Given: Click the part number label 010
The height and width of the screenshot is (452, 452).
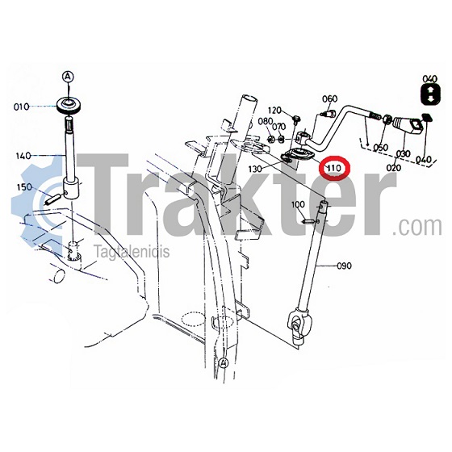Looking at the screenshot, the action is coord(21,107).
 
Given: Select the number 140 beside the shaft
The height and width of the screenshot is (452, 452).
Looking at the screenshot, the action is coord(23,156).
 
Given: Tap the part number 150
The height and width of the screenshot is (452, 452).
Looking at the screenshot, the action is coord(25,187).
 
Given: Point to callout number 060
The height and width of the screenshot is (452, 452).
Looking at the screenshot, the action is coord(329,98).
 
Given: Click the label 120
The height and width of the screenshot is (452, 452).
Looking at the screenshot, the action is coord(274,110).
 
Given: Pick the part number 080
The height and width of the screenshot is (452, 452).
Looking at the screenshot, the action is coord(266,121).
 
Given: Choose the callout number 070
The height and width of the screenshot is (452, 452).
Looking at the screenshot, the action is coord(278,127).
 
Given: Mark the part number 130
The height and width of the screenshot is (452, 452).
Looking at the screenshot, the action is coord(255,169).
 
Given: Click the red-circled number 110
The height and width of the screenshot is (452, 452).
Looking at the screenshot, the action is coord(333,168).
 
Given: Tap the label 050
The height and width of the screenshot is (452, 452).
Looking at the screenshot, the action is coord(380,147).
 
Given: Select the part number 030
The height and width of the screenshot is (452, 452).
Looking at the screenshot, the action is coord(403,153).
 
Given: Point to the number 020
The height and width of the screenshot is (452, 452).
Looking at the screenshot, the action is coord(394,167).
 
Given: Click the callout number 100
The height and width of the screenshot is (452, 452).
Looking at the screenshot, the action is coord(298,204).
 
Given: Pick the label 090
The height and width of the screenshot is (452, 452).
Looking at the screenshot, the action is coord(344,266).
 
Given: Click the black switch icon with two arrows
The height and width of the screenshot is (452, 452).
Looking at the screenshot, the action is coord(430,94).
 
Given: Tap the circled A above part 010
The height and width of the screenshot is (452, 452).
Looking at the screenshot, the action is coord(68,77).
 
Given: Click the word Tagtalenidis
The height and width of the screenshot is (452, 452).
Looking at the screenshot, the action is coord(132,251).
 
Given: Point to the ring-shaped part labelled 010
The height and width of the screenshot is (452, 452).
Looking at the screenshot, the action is coord(69,106).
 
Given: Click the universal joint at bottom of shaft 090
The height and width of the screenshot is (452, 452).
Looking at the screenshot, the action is coord(299,325).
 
